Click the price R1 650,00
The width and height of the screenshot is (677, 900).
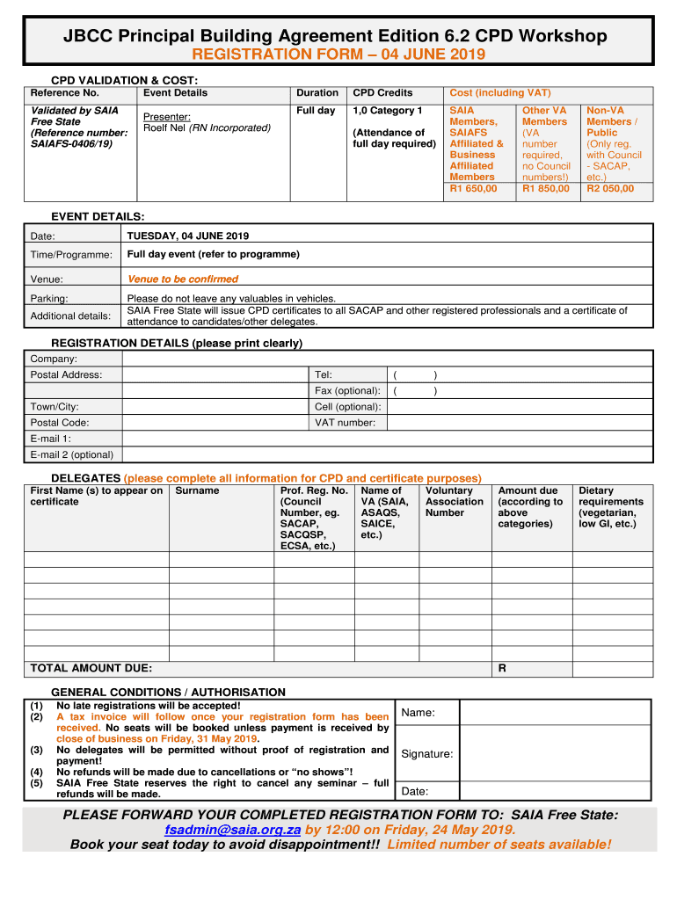coord(473,188)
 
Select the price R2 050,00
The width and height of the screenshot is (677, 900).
coord(609,188)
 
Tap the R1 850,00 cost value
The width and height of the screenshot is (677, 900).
coord(545,188)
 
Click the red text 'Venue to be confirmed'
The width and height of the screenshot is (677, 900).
coord(183,279)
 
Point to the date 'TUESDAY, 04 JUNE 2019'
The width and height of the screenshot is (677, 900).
coord(188,236)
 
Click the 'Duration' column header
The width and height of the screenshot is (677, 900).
coord(317,92)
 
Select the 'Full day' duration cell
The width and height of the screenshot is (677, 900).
coord(316,111)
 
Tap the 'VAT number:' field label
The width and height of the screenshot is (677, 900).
coord(345,423)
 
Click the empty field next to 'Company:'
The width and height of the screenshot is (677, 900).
coord(387,359)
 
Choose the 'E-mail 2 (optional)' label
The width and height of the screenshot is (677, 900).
coord(71,454)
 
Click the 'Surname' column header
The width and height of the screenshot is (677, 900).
coord(197,490)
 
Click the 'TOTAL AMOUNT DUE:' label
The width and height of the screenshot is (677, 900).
coord(91,668)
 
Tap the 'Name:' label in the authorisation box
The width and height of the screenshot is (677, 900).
coord(418,713)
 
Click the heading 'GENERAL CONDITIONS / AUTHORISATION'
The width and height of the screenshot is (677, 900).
coord(168,692)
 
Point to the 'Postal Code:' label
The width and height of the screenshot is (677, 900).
coord(59,423)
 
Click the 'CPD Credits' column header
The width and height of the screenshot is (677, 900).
coord(382,92)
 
